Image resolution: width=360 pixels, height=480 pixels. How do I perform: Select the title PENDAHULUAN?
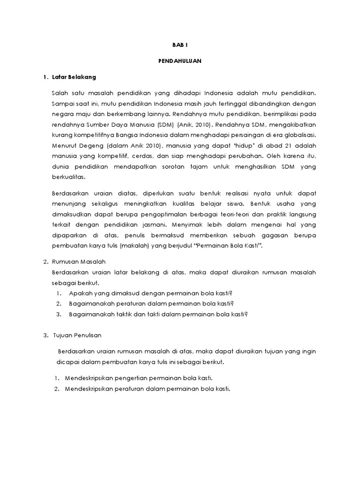pyautogui.click(x=180, y=60)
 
